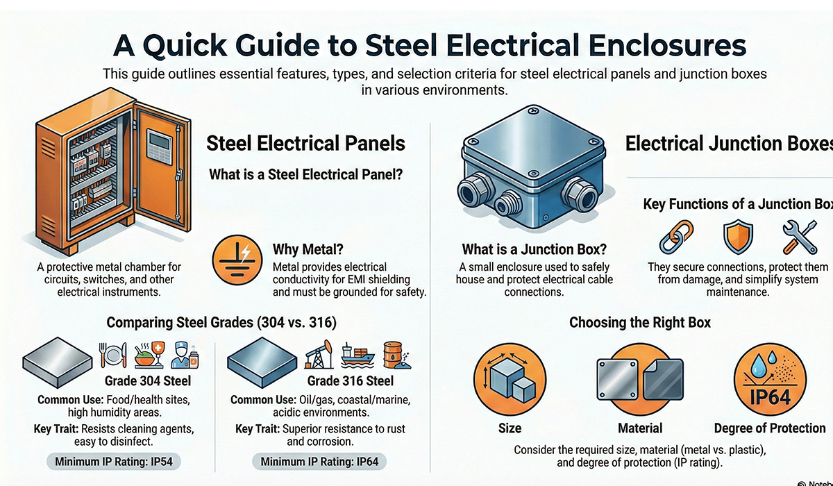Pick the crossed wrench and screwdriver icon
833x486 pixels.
click(x=798, y=237)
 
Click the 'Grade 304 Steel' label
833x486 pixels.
click(x=148, y=380)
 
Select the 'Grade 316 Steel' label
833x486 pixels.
click(x=351, y=380)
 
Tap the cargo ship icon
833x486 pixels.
click(x=357, y=355)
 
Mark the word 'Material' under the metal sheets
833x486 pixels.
click(x=639, y=428)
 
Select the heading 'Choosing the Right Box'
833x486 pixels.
click(x=639, y=323)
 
